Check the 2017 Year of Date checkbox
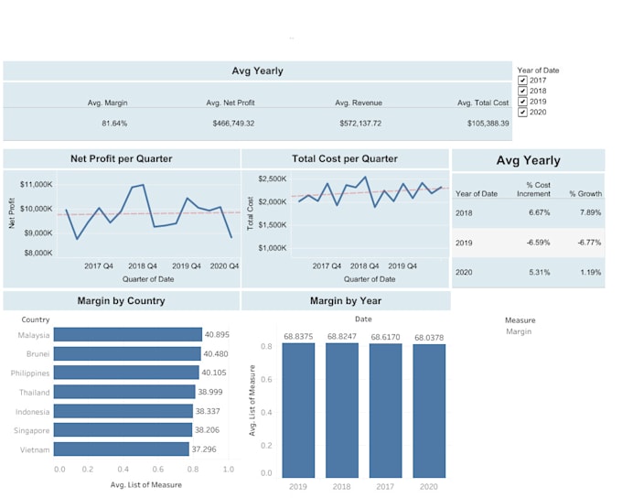point(522,81)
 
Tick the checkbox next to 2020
point(522,113)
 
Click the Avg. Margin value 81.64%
point(114,123)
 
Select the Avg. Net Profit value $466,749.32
point(233,123)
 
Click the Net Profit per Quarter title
point(121,158)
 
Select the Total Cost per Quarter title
point(345,158)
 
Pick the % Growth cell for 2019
point(584,243)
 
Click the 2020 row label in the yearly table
point(464,272)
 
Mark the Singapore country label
point(31,430)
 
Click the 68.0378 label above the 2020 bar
point(428,338)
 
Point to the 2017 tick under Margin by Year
point(386,486)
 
